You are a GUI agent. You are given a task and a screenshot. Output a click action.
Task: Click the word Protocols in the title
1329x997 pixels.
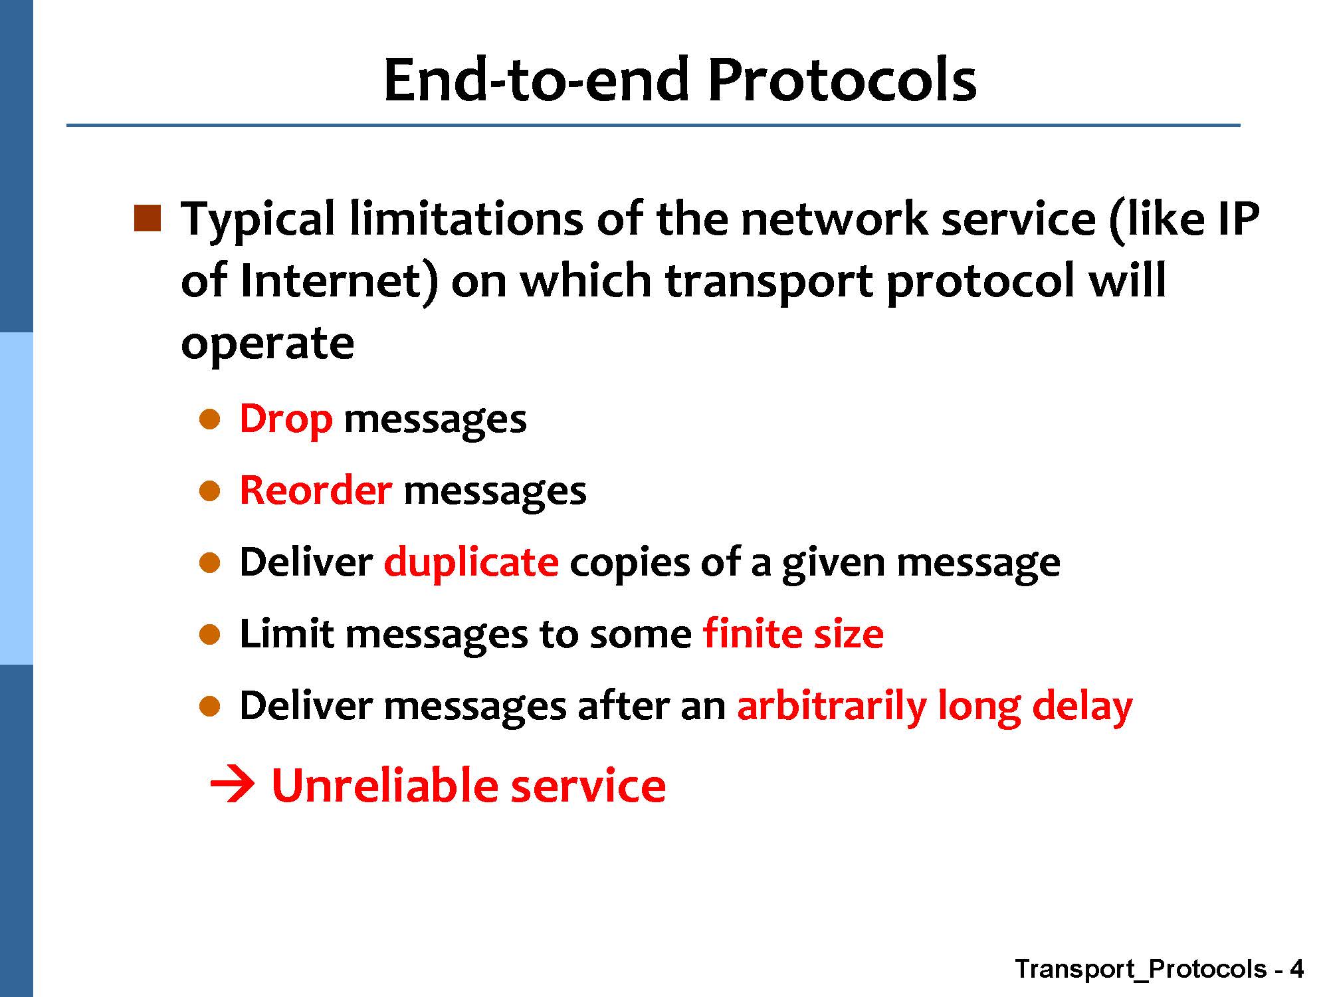tap(842, 79)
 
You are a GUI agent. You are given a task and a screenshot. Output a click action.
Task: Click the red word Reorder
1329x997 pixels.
tap(316, 491)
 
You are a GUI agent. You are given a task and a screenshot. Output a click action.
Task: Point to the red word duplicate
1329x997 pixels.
tap(471, 562)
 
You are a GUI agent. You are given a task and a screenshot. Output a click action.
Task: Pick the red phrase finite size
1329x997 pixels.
tap(793, 633)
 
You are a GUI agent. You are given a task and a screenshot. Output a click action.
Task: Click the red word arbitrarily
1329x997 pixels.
tap(832, 706)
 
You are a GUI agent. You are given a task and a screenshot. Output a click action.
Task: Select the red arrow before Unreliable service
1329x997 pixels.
tap(232, 786)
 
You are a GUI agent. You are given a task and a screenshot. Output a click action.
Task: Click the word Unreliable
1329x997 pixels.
tap(385, 785)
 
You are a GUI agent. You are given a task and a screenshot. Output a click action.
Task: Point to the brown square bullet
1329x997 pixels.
tap(148, 219)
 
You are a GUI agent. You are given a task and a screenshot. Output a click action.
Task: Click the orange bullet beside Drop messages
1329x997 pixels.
tap(209, 420)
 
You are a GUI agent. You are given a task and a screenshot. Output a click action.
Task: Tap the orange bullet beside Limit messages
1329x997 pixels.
tap(209, 635)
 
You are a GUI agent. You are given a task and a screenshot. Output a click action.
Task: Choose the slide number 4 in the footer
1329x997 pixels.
tap(1296, 969)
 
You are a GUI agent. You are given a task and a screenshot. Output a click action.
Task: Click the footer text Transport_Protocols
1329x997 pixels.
tap(1141, 970)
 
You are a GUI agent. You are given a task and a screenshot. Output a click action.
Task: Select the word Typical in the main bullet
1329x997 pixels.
tap(258, 219)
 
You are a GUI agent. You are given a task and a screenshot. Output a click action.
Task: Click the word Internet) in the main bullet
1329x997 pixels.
tap(339, 281)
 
